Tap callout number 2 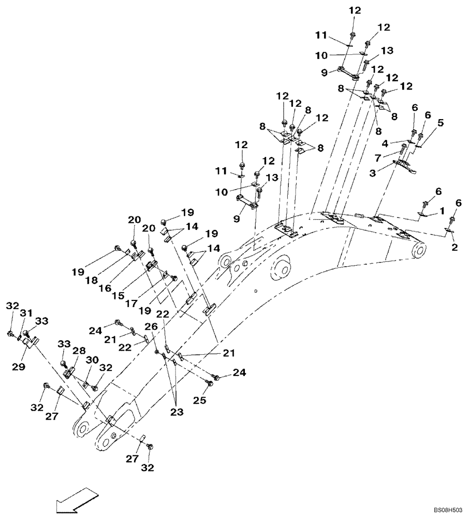click(x=454, y=248)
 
